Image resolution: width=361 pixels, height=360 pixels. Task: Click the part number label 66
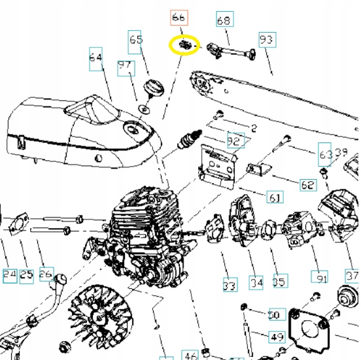[x=178, y=17]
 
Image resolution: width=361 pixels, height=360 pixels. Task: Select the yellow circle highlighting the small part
[x=184, y=46]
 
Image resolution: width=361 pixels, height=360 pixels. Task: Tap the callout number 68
[x=224, y=20]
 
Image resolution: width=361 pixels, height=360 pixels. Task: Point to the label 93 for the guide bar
[x=267, y=40]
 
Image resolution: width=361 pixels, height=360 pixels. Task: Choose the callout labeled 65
[x=135, y=40]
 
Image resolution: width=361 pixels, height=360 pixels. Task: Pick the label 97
[x=125, y=66]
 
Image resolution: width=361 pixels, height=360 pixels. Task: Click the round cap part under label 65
[x=155, y=88]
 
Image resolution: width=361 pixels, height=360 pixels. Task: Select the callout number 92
[x=234, y=140]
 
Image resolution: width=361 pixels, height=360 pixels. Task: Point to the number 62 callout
[x=308, y=185]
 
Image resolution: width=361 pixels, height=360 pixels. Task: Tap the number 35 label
[x=279, y=282]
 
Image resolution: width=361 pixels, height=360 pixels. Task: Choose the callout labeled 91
[x=320, y=278]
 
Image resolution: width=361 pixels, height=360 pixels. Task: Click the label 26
[x=46, y=275]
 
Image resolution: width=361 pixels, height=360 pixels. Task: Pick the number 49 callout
[x=277, y=337]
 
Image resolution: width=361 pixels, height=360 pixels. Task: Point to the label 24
[x=9, y=275]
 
